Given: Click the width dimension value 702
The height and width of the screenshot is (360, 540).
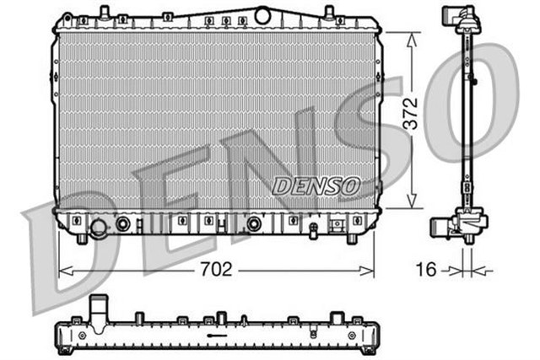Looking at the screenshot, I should coord(218,270).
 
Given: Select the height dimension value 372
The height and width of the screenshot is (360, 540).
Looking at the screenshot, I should coord(412,120).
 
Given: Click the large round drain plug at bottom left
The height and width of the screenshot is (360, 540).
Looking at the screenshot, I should coord(100,228).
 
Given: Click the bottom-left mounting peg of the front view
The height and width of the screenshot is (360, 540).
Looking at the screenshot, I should coord(82,239).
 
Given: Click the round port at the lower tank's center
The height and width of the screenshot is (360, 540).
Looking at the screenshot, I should coord(252,224).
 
